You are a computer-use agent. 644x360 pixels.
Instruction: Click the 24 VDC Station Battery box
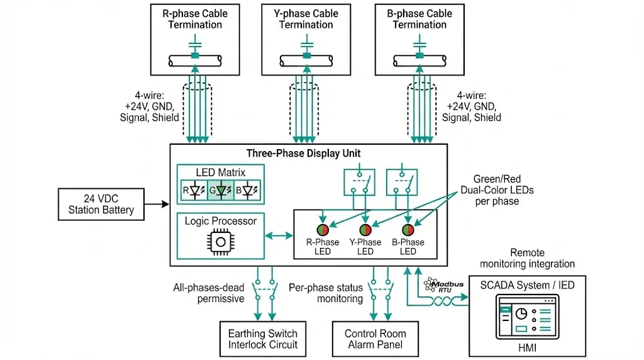pos(101,204)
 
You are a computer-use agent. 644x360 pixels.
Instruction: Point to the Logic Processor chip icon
pos(219,243)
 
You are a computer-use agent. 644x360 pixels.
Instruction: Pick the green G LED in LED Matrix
pos(221,190)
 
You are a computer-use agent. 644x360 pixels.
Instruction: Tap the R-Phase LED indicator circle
pos(323,230)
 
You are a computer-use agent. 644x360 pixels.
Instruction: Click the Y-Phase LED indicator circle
pos(365,230)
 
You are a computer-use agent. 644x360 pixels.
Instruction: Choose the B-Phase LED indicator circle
pos(408,230)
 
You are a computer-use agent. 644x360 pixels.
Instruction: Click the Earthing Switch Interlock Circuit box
pos(263,339)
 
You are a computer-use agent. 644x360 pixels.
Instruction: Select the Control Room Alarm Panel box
pos(375,339)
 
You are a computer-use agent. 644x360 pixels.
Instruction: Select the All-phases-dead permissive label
pos(208,293)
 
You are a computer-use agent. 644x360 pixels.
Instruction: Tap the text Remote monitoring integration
pos(527,258)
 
